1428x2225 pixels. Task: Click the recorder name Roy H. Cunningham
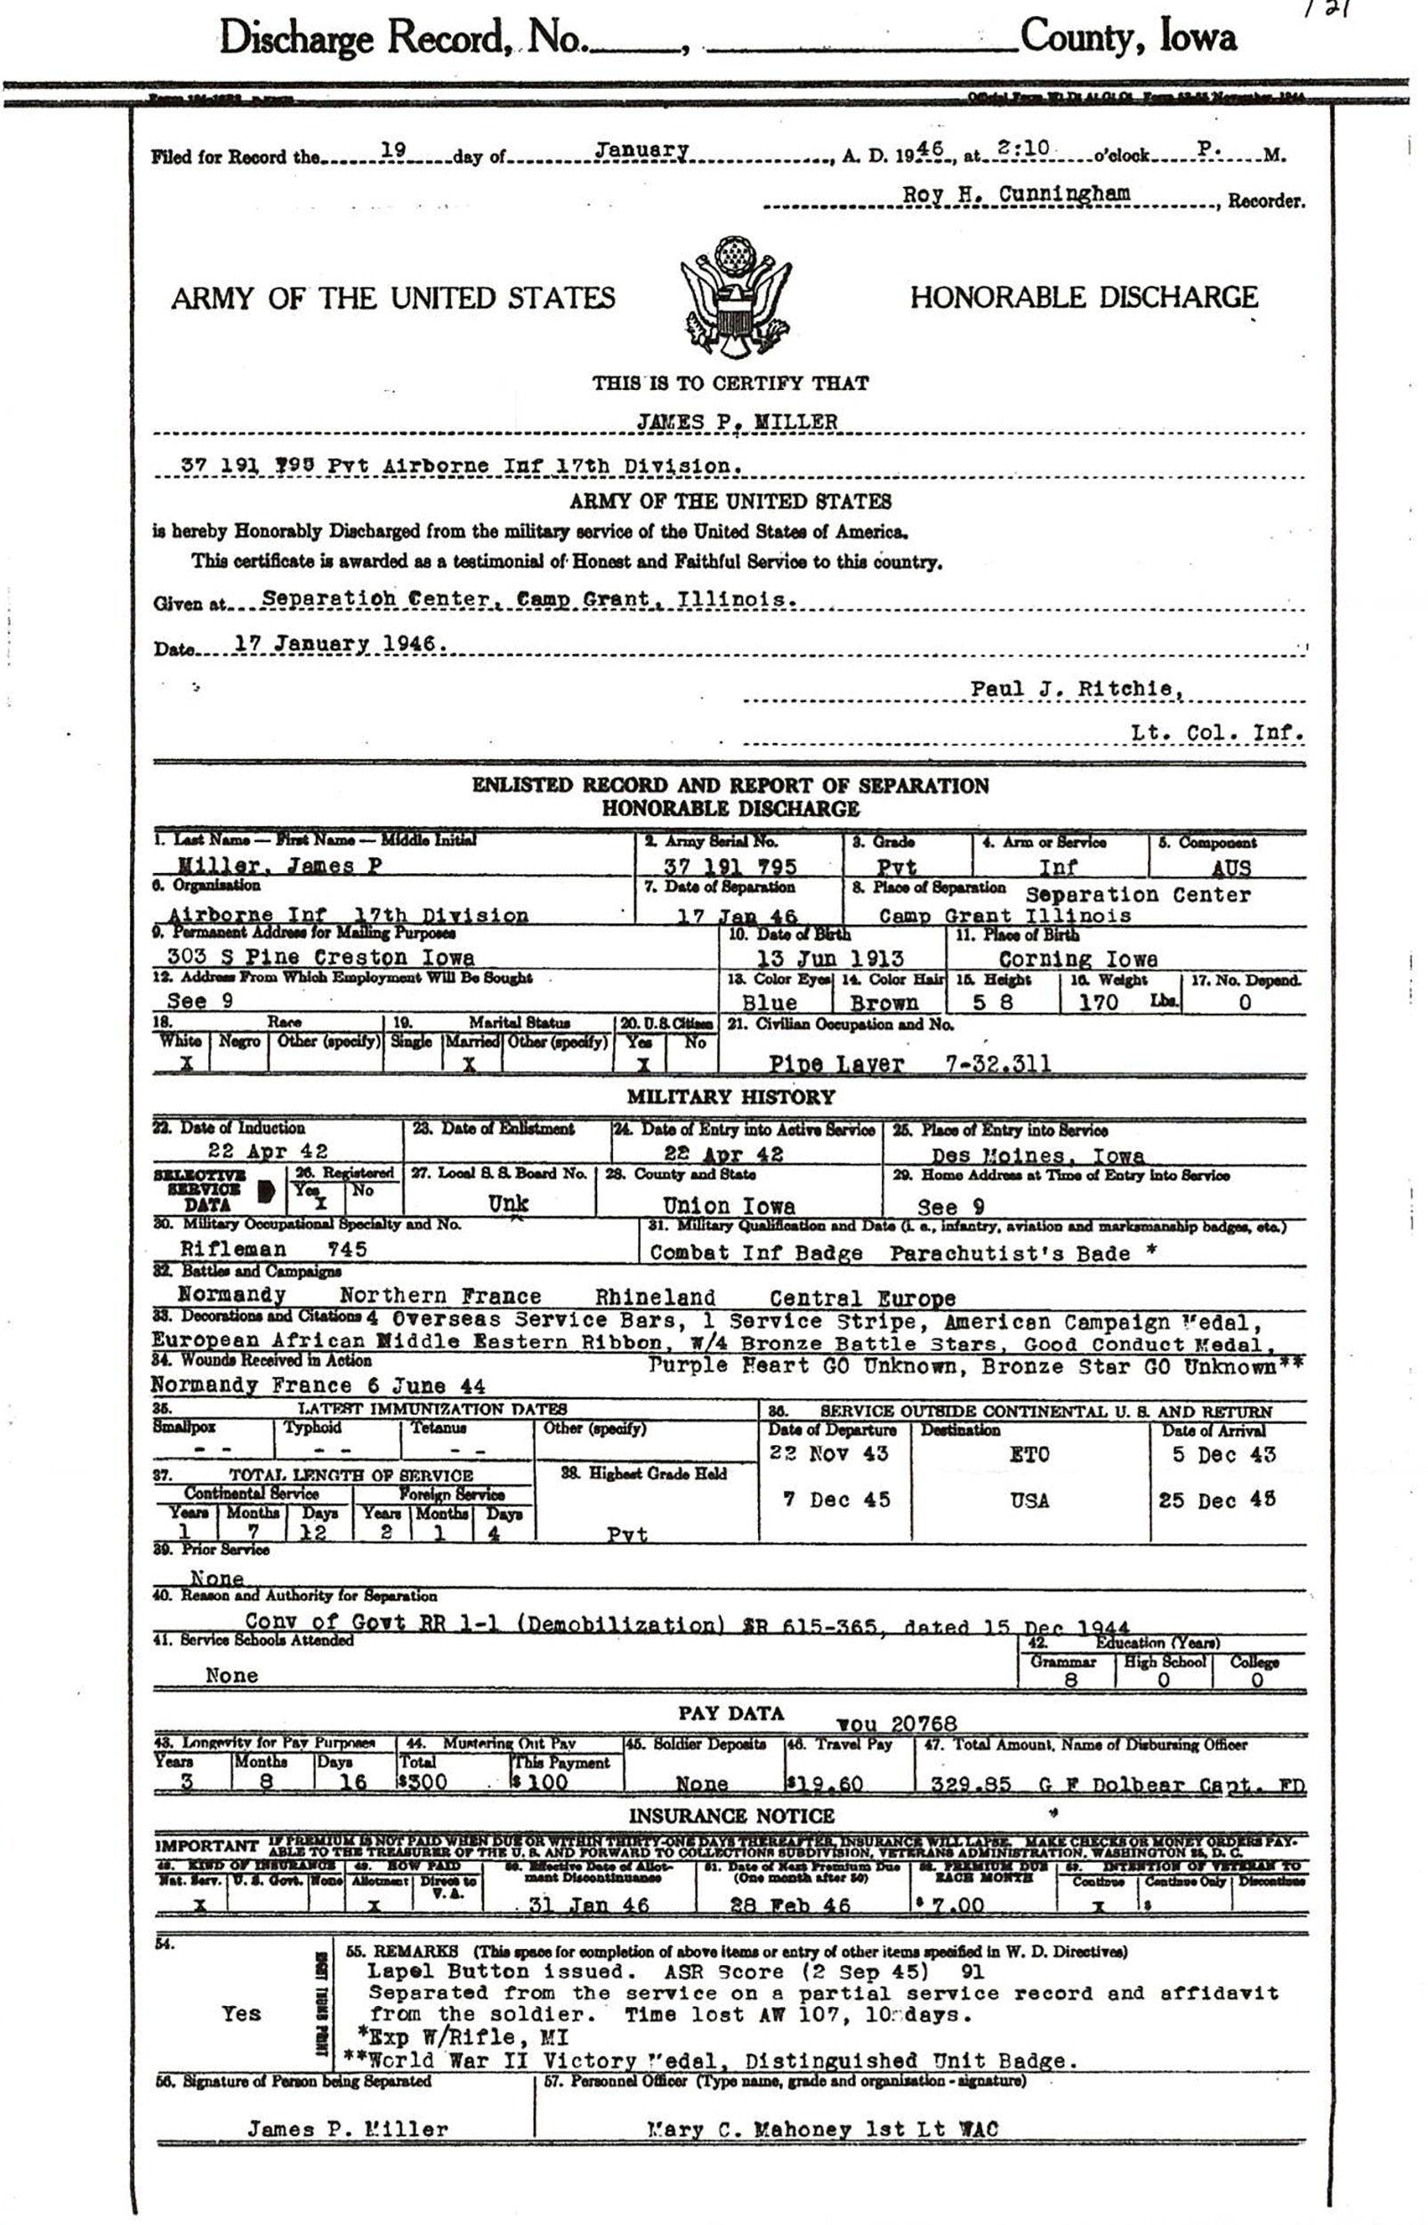click(x=1016, y=194)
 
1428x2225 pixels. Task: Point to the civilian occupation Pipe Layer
click(x=835, y=1064)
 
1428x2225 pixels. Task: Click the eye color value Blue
click(x=770, y=1003)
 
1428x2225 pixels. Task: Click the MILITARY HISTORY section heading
click(x=730, y=1097)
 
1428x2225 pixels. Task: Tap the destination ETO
click(x=1029, y=1454)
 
